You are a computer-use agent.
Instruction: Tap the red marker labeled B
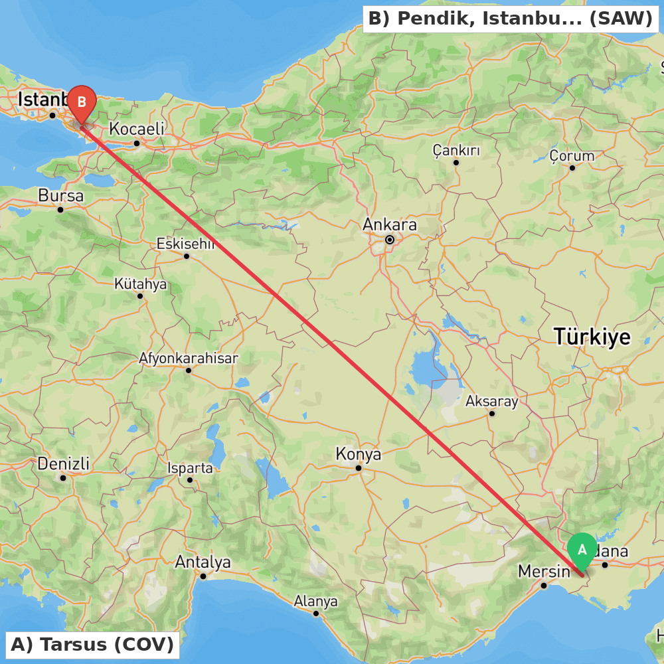82,103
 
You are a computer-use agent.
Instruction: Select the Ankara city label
390,224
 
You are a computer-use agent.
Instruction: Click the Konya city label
359,454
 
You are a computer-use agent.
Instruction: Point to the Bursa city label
61,196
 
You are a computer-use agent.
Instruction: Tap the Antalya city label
203,562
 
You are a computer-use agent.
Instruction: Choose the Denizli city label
63,463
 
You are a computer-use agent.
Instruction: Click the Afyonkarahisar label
188,359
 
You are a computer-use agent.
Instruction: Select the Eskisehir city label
186,244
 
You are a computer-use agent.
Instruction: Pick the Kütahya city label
140,284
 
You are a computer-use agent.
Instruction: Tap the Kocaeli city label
137,129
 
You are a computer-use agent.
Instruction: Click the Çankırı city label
456,150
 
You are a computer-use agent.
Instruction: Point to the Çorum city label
572,156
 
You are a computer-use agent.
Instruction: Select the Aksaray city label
491,401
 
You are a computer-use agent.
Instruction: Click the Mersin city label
544,571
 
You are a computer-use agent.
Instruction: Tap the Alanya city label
316,602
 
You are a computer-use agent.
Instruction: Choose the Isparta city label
190,468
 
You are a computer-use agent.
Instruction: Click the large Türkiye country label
592,337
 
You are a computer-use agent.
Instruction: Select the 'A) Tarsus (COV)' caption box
92,644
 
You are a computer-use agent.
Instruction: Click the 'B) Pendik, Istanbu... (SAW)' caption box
510,19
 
